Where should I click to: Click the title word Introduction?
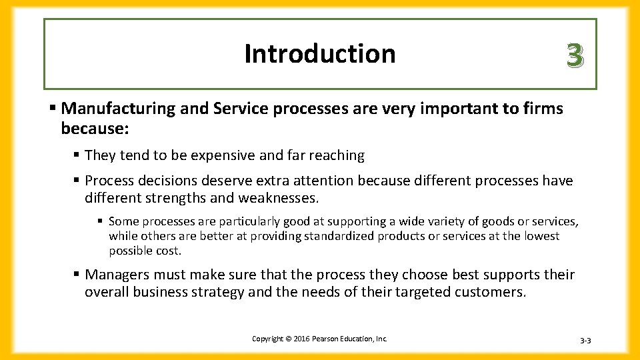click(x=320, y=53)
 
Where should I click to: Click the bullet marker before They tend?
click(x=77, y=155)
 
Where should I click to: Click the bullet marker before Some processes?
click(x=100, y=221)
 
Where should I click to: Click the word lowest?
click(x=541, y=236)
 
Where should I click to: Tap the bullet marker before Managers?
click(x=77, y=275)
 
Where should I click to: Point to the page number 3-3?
click(x=585, y=341)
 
